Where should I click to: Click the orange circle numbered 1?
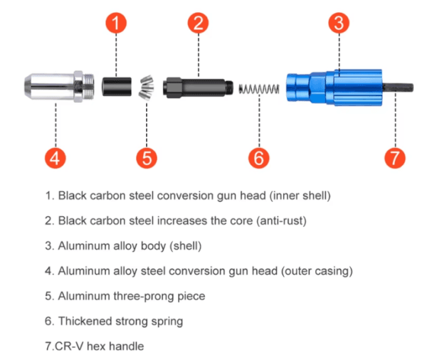coord(116,23)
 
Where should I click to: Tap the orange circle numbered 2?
coord(199,23)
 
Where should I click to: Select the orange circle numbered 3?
coord(339,23)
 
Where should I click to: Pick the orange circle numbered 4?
coord(56,158)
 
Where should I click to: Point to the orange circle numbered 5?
coord(147,158)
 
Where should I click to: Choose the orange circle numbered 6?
coord(259,158)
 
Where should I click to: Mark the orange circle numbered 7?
coord(395,158)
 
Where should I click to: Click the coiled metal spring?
coord(259,89)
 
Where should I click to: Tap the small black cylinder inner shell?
coord(117,87)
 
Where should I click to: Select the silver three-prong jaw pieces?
coord(147,87)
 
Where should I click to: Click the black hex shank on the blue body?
coord(398,88)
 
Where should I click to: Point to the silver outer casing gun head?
coord(59,86)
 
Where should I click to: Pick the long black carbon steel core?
coord(198,88)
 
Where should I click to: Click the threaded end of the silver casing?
coord(88,86)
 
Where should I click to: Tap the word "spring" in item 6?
coord(167,322)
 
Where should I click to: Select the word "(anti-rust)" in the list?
coord(281,221)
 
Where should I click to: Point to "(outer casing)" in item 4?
coord(317,271)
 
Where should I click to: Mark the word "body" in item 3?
coord(153,246)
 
